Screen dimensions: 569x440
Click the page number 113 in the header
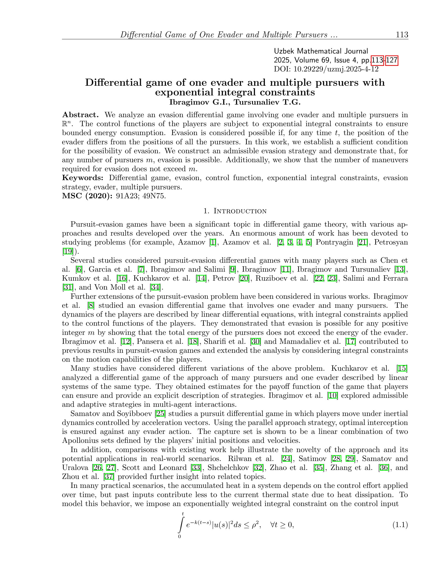click(402, 35)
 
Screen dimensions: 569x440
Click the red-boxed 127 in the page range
click(392, 60)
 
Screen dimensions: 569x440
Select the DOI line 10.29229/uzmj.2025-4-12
click(326, 69)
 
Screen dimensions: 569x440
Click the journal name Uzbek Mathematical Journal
click(321, 51)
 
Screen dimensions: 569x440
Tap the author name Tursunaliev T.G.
click(267, 102)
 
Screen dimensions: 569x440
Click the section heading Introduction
click(240, 211)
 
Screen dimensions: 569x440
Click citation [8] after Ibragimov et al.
click(91, 305)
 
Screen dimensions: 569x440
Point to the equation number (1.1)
click(400, 525)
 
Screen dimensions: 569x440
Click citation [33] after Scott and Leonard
click(196, 468)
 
